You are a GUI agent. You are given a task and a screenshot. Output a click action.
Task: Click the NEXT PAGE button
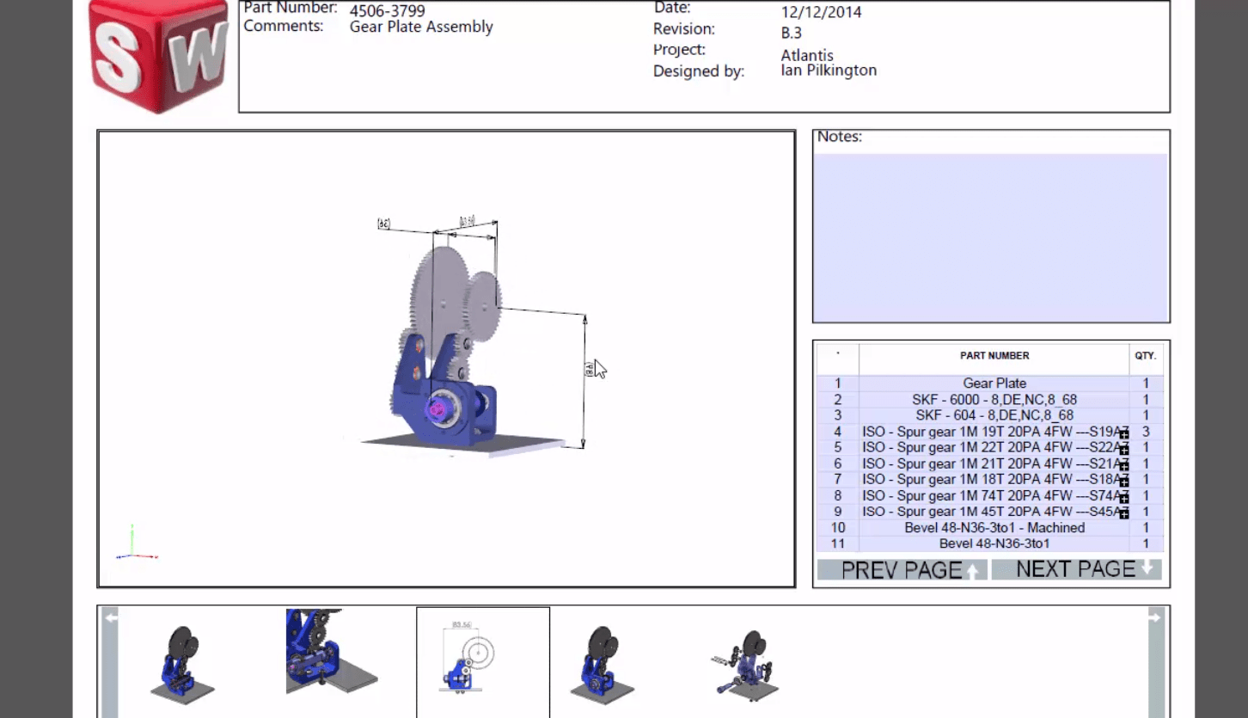coord(1076,569)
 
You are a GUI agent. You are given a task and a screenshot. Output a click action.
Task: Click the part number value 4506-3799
coord(386,11)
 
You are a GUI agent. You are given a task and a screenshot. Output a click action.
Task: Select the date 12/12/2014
coord(821,12)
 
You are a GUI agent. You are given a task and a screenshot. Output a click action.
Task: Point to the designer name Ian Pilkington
coord(829,71)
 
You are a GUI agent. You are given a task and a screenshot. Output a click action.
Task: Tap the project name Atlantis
coord(806,55)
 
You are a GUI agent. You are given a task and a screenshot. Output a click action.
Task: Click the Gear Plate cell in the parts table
coord(994,384)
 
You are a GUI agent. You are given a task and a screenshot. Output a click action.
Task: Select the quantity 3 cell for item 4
coord(1145,432)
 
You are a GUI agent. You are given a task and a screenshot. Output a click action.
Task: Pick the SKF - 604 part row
coord(994,415)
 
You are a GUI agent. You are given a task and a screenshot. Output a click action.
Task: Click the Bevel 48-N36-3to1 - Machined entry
coord(994,528)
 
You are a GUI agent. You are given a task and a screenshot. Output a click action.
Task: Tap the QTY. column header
coord(1145,355)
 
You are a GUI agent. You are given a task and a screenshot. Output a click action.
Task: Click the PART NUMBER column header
coord(994,355)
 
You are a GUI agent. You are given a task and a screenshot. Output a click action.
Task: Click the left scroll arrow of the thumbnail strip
coord(110,617)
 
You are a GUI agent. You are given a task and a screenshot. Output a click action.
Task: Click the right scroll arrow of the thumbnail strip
coord(1155,617)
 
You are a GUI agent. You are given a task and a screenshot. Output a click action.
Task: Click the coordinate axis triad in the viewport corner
coord(134,547)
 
